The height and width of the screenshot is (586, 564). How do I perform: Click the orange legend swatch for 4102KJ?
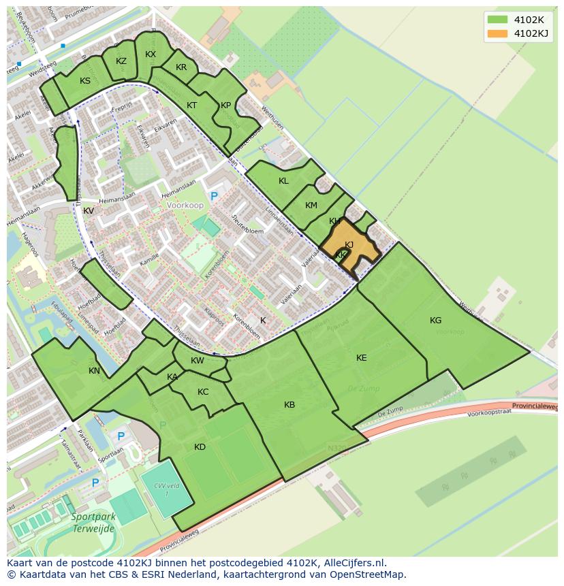click(497, 33)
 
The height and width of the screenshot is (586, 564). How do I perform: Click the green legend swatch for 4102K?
click(497, 19)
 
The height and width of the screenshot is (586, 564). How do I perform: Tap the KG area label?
click(436, 321)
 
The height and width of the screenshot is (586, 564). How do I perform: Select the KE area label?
click(362, 358)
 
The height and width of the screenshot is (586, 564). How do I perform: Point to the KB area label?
click(289, 405)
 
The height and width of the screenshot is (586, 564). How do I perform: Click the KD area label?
click(200, 447)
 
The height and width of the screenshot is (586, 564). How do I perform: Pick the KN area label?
click(94, 371)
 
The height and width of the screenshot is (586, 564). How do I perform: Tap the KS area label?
click(85, 81)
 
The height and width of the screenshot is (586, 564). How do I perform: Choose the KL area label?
click(283, 181)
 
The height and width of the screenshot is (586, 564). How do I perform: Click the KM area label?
click(311, 206)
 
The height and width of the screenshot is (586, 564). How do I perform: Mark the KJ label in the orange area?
click(349, 245)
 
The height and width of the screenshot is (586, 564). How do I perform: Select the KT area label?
click(191, 105)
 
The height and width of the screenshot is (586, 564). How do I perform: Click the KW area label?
click(197, 361)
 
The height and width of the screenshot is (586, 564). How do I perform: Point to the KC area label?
click(203, 392)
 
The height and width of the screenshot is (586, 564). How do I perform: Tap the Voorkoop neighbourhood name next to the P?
click(184, 204)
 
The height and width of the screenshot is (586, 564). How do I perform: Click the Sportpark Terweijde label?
click(93, 521)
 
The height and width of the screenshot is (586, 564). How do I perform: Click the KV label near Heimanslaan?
click(89, 211)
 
